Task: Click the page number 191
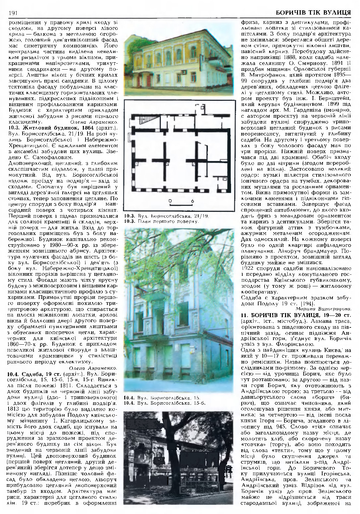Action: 13,13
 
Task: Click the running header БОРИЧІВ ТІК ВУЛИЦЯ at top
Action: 313,13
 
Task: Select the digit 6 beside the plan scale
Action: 192,201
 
